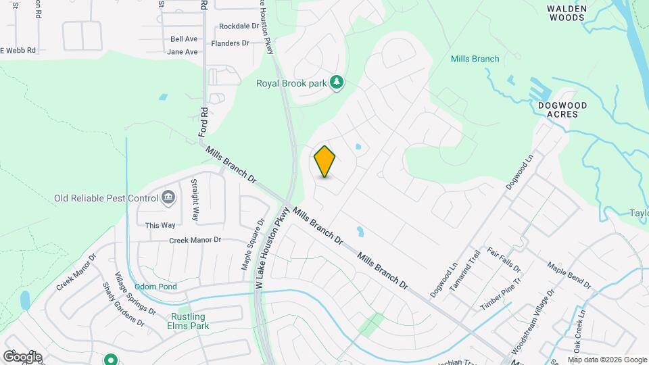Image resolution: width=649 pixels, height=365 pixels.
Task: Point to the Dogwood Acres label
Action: [x=562, y=110]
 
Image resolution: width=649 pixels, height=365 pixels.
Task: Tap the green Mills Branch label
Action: [x=475, y=59]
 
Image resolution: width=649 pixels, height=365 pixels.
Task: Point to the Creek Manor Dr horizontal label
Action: [x=195, y=240]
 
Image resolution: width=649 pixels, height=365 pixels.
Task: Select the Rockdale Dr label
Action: [x=239, y=27]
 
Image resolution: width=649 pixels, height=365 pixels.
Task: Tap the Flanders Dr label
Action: [x=230, y=43]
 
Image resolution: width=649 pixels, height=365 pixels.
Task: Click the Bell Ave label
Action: [x=184, y=39]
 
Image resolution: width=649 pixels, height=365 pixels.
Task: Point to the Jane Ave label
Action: [x=182, y=52]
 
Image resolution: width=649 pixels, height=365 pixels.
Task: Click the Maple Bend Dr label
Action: [x=569, y=276]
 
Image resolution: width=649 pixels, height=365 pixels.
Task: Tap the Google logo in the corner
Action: [x=22, y=356]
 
